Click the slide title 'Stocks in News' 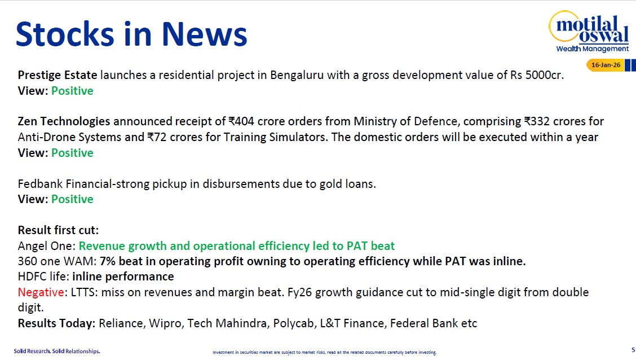pyautogui.click(x=131, y=34)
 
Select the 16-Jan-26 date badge pyautogui.click(x=606, y=65)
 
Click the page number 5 pyautogui.click(x=633, y=349)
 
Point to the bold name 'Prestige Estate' pyautogui.click(x=58, y=75)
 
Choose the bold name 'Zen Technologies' pyautogui.click(x=64, y=121)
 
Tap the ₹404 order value pyautogui.click(x=241, y=121)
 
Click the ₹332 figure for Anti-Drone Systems pyautogui.click(x=537, y=121)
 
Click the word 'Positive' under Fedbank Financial pyautogui.click(x=72, y=199)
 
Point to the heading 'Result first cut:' pyautogui.click(x=58, y=230)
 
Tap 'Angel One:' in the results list pyautogui.click(x=47, y=246)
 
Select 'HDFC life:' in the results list pyautogui.click(x=43, y=276)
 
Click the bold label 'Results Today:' pyautogui.click(x=56, y=323)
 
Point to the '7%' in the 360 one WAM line pyautogui.click(x=109, y=261)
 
